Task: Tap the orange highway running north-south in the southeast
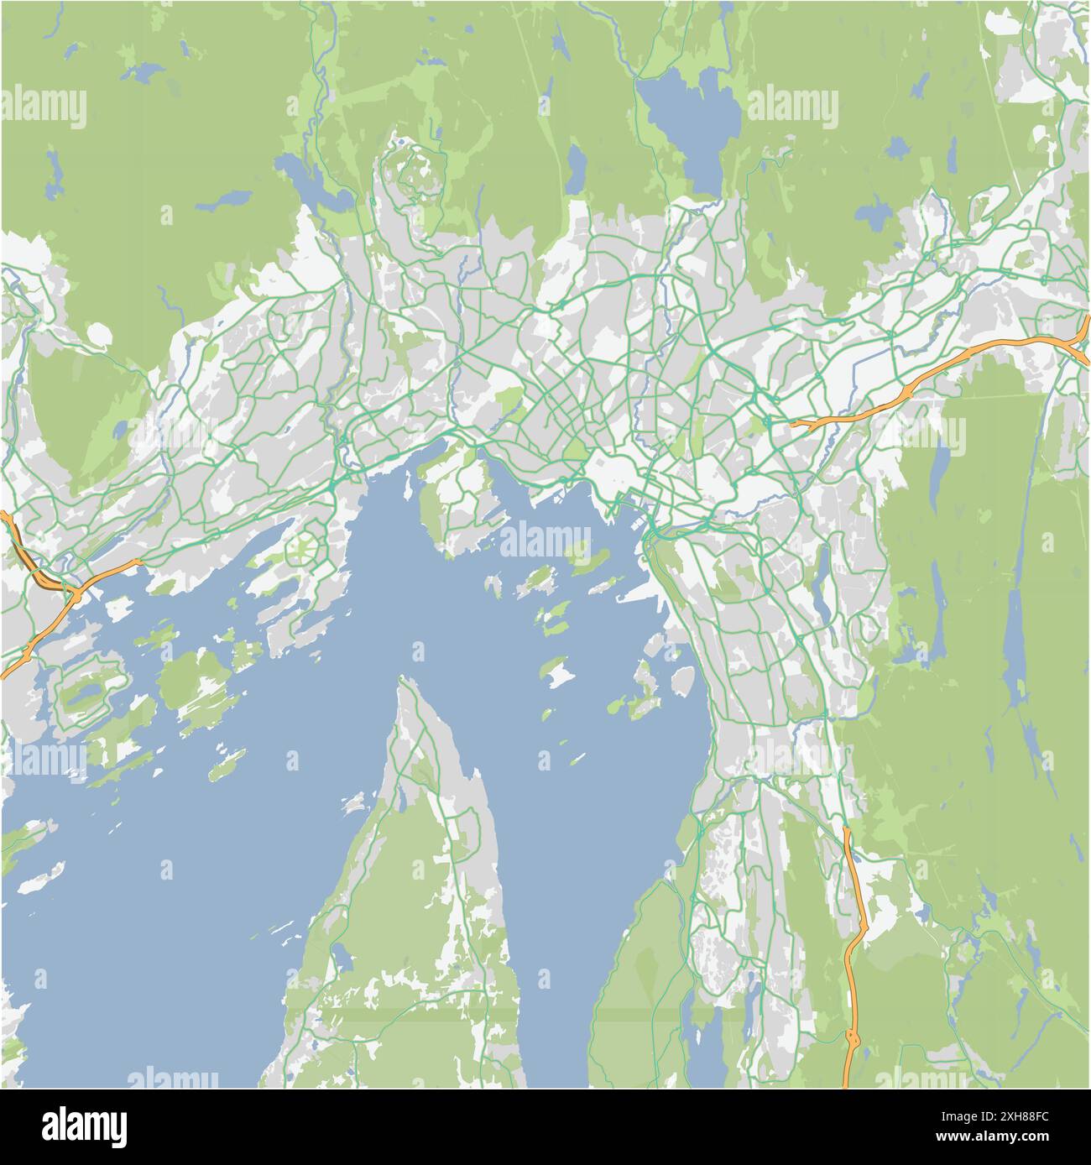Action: pos(854,940)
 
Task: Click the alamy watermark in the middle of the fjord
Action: pos(545,537)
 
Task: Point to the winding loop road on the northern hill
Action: pos(411,172)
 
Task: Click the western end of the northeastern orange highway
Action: pos(793,425)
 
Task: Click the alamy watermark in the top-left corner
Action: pos(44,107)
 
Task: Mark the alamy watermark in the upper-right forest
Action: pos(792,107)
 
